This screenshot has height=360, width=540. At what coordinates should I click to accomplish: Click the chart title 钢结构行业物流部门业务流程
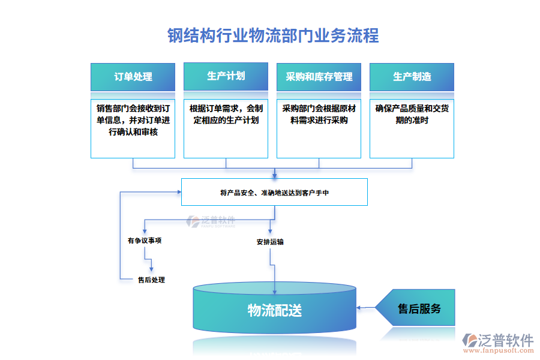point(273,35)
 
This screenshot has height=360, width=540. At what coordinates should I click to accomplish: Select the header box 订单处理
point(133,77)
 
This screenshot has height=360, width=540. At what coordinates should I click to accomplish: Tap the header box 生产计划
point(226,76)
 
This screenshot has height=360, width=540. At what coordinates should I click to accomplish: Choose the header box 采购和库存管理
point(319,77)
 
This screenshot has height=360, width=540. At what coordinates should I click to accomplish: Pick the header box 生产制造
point(412,77)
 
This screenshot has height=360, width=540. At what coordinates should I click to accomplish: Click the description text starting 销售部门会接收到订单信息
point(133,120)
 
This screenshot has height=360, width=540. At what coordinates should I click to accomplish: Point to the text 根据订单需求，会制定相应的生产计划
point(226,115)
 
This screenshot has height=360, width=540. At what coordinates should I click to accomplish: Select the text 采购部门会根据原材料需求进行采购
point(319,115)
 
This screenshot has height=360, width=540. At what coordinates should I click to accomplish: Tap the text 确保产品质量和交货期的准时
point(412,115)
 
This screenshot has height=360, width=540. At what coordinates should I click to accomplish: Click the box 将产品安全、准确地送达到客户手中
point(274,193)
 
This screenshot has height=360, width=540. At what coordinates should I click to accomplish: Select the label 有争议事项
point(144,241)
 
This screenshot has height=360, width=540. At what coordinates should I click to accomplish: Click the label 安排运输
point(270,242)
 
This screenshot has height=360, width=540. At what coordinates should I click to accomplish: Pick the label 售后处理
point(151,280)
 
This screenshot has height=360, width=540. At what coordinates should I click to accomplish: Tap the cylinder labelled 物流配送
point(274,310)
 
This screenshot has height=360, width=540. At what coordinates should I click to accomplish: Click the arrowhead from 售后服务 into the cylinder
point(359,308)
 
